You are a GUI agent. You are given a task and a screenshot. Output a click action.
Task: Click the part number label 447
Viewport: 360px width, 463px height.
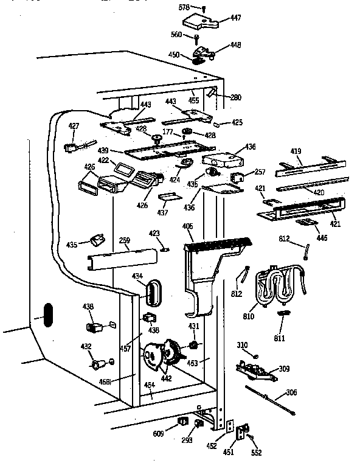coord(235,19)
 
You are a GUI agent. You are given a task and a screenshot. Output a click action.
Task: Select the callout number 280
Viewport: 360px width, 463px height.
coord(235,97)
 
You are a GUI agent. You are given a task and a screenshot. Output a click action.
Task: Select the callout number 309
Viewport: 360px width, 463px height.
coord(284,369)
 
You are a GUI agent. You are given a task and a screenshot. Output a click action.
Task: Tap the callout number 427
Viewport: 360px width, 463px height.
coord(74,127)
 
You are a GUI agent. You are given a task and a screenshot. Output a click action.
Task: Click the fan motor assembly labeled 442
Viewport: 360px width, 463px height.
coord(159,360)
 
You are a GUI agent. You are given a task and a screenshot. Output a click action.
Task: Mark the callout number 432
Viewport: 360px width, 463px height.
coord(86,347)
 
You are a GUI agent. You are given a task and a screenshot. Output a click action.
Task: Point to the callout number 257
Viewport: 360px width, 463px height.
coord(260,172)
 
